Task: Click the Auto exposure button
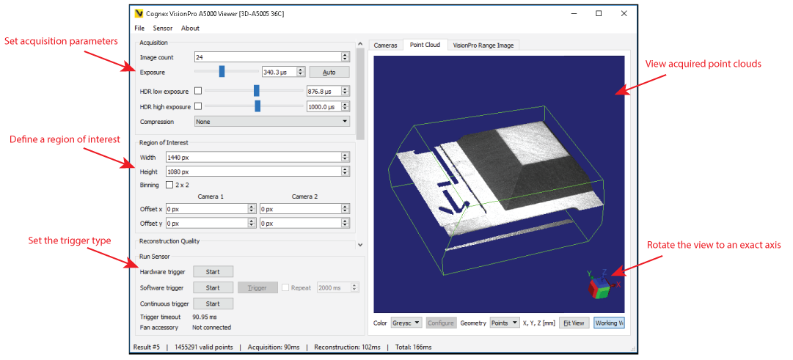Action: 329,72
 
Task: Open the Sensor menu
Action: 163,29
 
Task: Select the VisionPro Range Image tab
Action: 483,45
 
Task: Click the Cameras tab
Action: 385,45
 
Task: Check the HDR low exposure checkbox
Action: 197,91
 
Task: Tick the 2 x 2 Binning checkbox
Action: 170,185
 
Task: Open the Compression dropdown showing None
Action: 271,122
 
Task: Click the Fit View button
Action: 574,323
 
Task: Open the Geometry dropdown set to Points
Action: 505,323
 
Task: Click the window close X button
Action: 624,13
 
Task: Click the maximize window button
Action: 599,13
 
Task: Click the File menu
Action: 139,29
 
